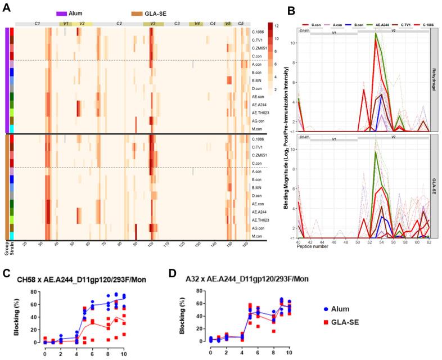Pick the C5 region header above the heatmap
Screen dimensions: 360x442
[x=241, y=24]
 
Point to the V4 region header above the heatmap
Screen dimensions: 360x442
[x=196, y=24]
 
